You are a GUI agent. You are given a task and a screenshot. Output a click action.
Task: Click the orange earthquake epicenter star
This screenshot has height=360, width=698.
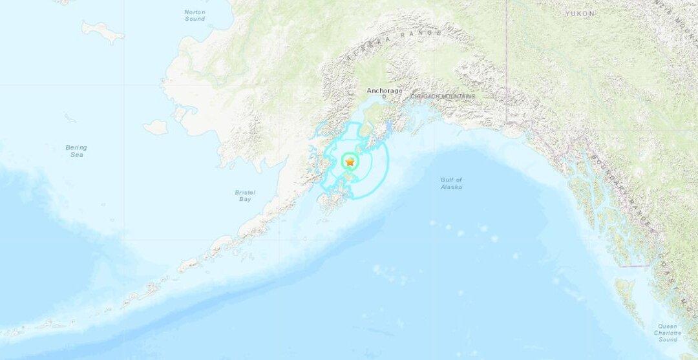pos(350,162)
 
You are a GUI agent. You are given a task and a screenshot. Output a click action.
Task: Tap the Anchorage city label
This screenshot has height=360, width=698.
pos(385,91)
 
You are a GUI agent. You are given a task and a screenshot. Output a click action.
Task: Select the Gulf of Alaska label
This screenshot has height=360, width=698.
pos(451,183)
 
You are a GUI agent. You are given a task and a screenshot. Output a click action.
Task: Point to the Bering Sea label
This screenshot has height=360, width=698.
pos(76,151)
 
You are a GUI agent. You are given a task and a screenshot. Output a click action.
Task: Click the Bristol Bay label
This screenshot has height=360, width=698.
pos(246,196)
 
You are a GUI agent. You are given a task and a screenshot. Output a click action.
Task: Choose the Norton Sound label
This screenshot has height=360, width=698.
pos(195,16)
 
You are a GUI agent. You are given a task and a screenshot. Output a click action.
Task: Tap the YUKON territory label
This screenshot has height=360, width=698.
pos(579,14)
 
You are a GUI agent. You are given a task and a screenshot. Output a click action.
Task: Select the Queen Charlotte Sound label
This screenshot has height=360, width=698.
pos(668,333)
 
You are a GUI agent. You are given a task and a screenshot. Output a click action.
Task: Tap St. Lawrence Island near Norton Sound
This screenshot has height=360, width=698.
pos(102,30)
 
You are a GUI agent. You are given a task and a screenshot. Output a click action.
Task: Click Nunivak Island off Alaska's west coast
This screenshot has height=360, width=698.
pos(155,127)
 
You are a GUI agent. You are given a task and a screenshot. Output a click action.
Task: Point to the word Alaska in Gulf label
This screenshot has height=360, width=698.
pos(452,187)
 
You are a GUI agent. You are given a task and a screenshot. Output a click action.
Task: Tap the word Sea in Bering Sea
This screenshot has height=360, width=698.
pos(77,156)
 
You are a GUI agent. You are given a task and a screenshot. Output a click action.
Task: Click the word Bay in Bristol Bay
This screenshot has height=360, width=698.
pos(246,200)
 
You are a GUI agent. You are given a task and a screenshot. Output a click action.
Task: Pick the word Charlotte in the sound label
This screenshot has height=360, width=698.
pos(668,333)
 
